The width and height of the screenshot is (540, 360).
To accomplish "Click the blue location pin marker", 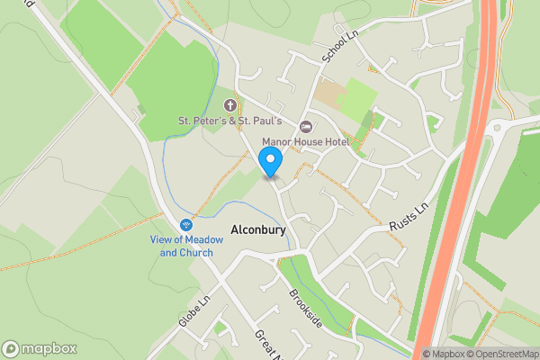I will (271, 162).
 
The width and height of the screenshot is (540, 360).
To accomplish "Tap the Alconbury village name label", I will (258, 230).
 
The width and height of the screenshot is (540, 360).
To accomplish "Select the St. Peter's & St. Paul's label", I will (230, 121).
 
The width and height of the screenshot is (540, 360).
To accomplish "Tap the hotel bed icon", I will (305, 126).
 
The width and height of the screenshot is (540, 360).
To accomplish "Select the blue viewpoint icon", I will (186, 223).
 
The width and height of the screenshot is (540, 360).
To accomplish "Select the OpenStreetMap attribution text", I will (502, 354).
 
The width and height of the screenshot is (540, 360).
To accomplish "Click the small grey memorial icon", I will (139, 110).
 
